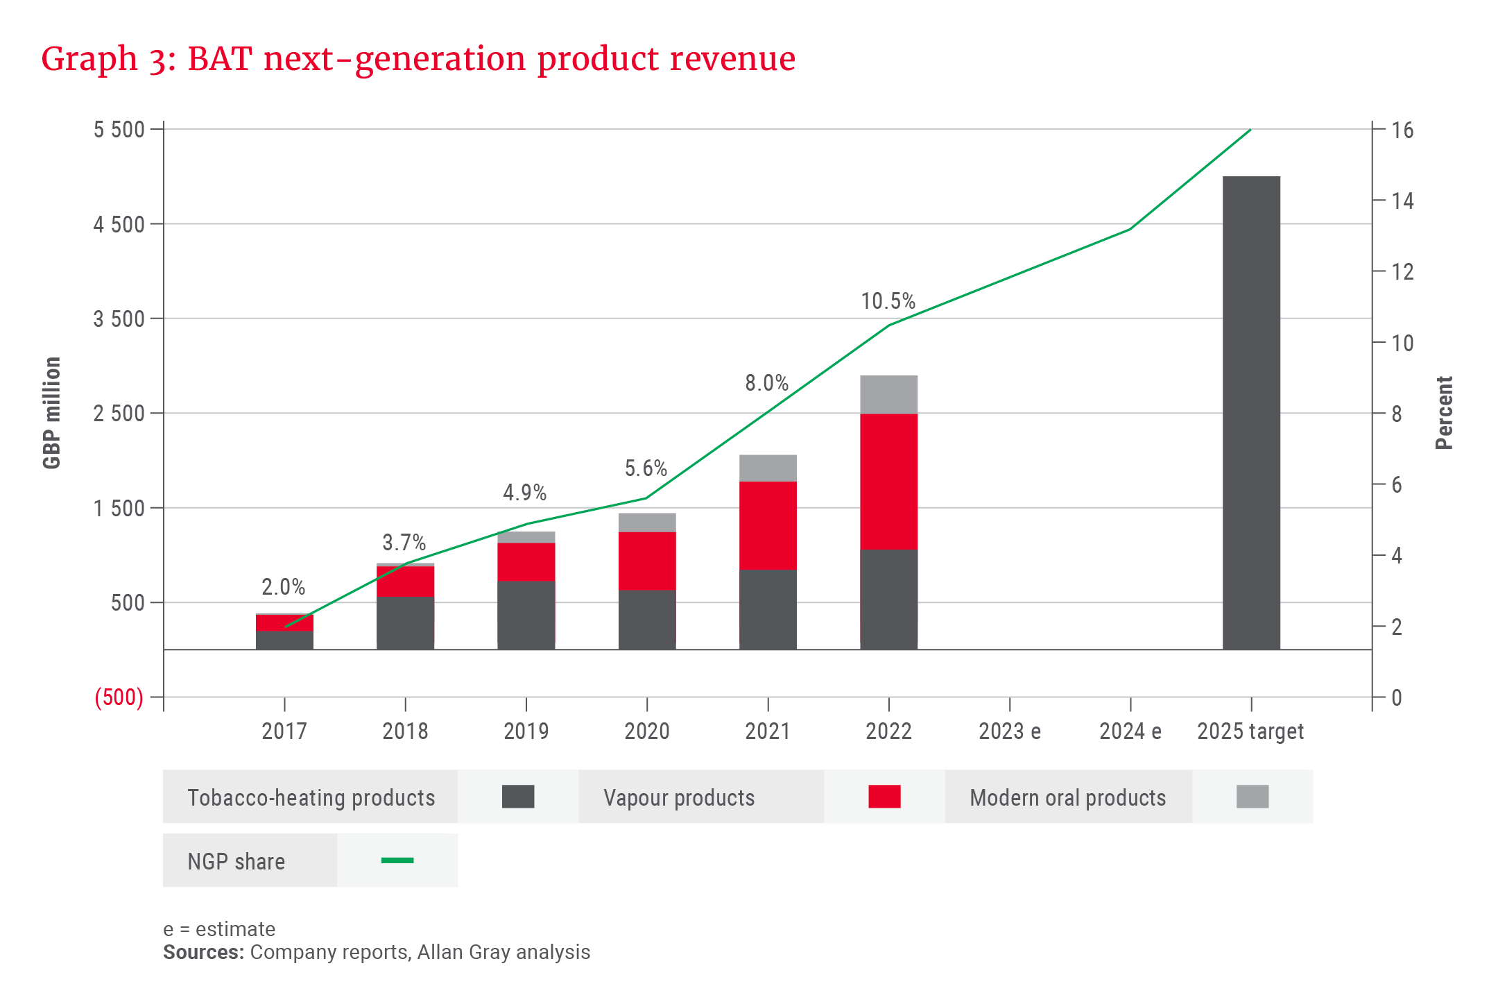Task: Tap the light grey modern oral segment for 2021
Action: click(768, 468)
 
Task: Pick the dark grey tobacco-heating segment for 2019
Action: click(526, 615)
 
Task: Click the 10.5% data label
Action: click(888, 301)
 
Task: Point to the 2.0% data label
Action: click(283, 587)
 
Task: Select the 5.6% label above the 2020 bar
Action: click(646, 468)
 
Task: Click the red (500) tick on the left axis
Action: click(119, 697)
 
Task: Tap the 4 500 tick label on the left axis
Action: click(119, 224)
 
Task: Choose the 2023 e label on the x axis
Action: click(1009, 731)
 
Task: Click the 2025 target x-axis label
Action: click(1250, 731)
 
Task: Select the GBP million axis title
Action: click(52, 413)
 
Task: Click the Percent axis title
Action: click(1444, 413)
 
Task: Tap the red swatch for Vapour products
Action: click(884, 797)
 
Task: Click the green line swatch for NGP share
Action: click(397, 860)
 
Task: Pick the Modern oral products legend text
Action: click(1067, 798)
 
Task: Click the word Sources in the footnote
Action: click(203, 952)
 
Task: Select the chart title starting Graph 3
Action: click(418, 58)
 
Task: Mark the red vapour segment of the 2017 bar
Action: click(284, 622)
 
